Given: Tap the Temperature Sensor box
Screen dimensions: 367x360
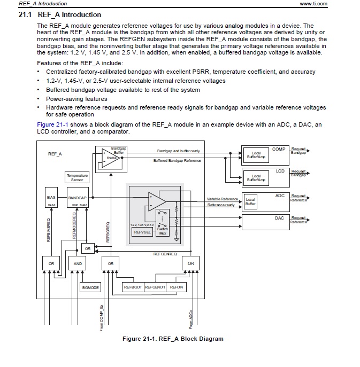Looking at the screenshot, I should coord(76,177).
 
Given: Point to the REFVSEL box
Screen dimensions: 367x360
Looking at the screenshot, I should coord(141,232).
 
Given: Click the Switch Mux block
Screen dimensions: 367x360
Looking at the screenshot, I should coord(163,231).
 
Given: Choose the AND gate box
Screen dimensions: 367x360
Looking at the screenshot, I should coord(77,263).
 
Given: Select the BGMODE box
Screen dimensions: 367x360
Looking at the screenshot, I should coord(90,287).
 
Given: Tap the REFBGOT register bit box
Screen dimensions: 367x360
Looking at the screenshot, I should coord(133,287).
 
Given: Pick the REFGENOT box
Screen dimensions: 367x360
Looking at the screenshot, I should coord(155,287).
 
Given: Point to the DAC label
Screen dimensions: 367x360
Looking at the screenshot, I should coord(280,218).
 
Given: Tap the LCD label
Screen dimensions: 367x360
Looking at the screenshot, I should coord(280,171).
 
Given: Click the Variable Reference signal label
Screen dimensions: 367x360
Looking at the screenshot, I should coord(222,199).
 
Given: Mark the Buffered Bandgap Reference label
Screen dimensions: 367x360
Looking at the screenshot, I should coord(177,160).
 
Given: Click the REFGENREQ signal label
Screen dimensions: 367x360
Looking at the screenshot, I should coord(165,254).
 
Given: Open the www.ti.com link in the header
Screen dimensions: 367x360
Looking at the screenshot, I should coord(313,4).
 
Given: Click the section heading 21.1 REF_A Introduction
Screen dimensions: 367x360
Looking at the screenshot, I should coord(60,14).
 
